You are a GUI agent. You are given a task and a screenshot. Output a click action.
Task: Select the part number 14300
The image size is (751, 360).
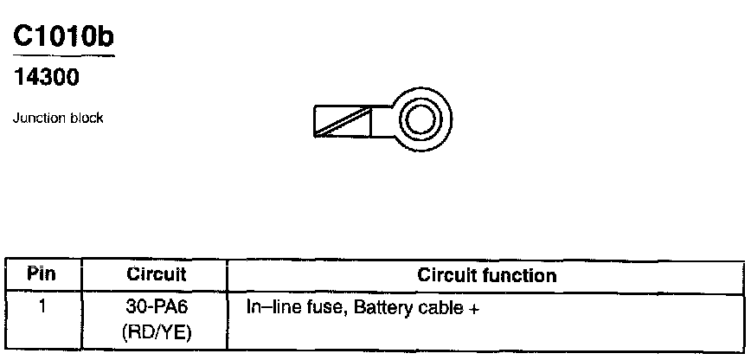coord(47,78)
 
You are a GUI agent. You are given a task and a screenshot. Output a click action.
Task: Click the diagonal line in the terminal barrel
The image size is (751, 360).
coord(343,122)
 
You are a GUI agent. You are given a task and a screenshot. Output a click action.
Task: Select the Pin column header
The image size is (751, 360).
coord(41,275)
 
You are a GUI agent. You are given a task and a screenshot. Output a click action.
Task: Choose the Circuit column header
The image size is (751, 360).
coord(157,275)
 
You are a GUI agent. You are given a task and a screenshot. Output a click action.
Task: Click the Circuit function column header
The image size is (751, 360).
coord(486,275)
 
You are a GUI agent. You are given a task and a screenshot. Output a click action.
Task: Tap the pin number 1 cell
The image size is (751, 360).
coord(41,307)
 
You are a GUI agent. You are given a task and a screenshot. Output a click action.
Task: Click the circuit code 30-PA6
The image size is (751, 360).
coord(157,307)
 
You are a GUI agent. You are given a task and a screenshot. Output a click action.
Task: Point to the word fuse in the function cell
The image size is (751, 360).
coord(324,307)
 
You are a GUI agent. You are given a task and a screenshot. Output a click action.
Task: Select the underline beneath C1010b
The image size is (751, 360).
coord(62,56)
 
